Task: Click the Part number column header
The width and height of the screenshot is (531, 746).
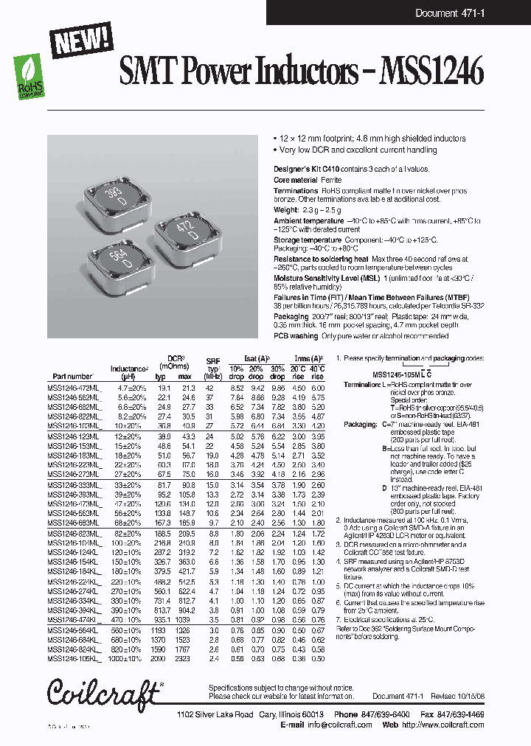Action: point(71,376)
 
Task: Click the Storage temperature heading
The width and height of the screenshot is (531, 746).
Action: point(307,240)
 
